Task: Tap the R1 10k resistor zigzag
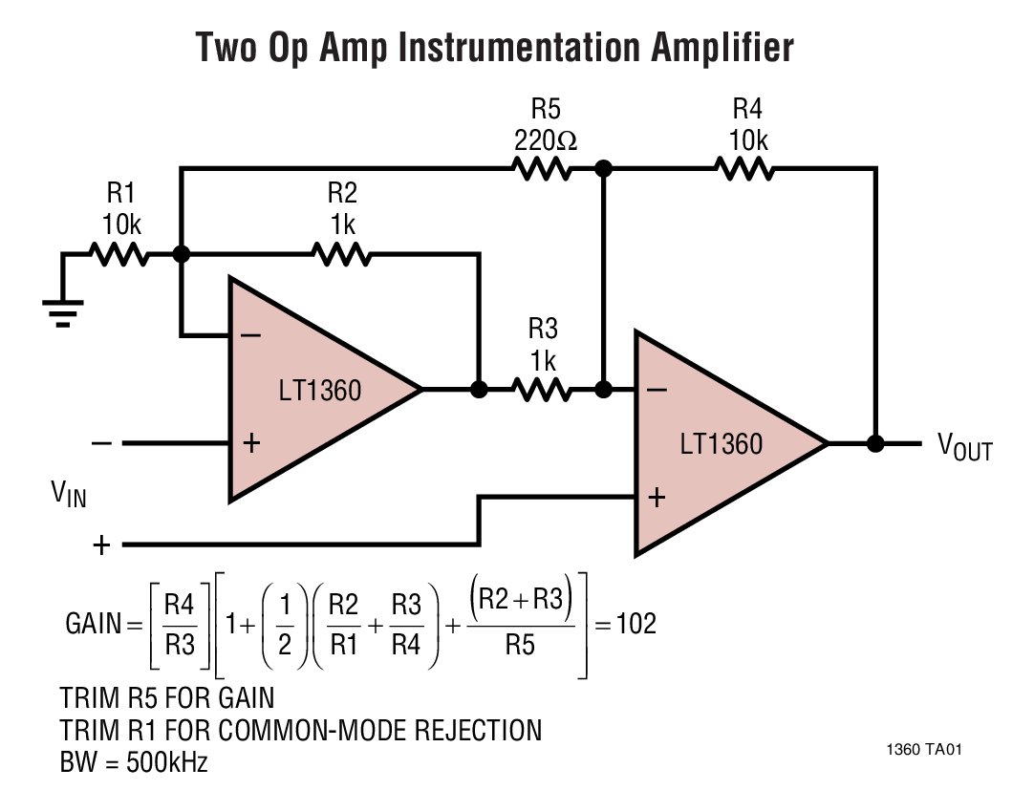tap(119, 255)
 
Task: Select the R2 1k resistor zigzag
tap(341, 255)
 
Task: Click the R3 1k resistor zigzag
tap(542, 389)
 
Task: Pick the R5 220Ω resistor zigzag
tap(542, 169)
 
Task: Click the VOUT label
tap(963, 446)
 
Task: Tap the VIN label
tap(68, 494)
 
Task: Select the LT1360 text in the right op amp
tap(722, 444)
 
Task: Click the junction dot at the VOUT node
tap(874, 443)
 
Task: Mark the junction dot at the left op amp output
tap(480, 389)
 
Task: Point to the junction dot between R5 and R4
tap(603, 169)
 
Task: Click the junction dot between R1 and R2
tap(181, 255)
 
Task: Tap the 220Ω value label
tap(545, 140)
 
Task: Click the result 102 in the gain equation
tap(635, 624)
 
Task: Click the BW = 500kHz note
tap(134, 763)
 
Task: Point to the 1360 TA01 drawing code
tap(924, 749)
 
